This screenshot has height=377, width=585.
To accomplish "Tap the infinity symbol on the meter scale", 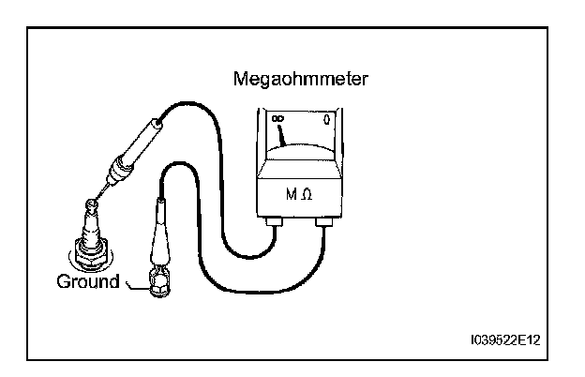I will [x=277, y=118].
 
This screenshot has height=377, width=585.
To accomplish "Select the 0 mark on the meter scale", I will [x=325, y=119].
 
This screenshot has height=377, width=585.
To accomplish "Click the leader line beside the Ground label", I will [x=131, y=283].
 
